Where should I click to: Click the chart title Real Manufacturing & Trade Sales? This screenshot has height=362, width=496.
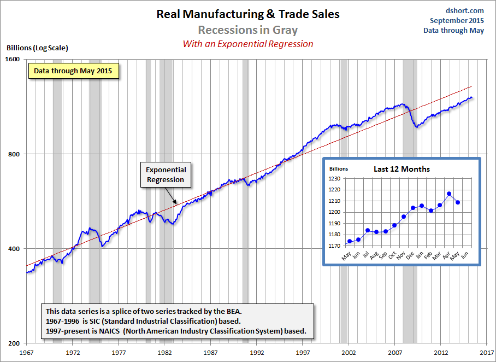(247, 14)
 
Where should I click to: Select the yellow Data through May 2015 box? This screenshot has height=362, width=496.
(73, 71)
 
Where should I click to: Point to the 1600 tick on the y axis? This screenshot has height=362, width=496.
(13, 59)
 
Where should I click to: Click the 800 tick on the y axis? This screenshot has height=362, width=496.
(14, 154)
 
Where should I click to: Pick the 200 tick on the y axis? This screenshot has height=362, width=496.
(14, 343)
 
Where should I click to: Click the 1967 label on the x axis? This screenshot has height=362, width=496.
(27, 353)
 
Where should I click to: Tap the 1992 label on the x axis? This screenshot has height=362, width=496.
(257, 353)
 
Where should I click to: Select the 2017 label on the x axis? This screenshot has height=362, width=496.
(487, 353)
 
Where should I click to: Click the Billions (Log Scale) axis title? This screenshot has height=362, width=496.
(37, 48)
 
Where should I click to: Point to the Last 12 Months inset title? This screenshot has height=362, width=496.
(401, 169)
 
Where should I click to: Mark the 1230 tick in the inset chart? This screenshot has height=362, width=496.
(333, 179)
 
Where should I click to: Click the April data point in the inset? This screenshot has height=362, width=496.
(449, 194)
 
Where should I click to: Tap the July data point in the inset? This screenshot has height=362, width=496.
(368, 230)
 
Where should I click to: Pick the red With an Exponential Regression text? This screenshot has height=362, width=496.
(247, 44)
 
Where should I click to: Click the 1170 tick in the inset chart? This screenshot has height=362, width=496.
(333, 246)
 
